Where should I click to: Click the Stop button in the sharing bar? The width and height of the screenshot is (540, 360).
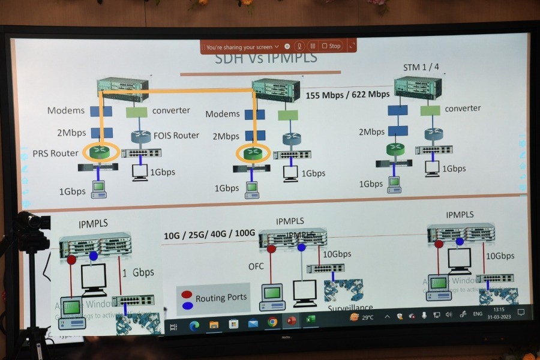point(331,46)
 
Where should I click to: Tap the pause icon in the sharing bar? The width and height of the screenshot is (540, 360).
point(312,46)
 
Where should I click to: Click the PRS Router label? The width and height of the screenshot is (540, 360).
point(55,154)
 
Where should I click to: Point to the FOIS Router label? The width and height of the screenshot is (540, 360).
point(176,136)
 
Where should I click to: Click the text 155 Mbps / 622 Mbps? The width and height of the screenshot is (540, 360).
point(347,94)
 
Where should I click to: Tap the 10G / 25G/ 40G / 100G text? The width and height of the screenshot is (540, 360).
point(209,234)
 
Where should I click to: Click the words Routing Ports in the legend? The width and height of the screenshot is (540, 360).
point(221,298)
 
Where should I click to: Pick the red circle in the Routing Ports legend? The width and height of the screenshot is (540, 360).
point(187,295)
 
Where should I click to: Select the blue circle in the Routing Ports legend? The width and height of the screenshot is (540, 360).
point(187,305)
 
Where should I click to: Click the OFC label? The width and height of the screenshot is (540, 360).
point(256,266)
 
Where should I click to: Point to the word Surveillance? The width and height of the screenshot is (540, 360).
point(350,308)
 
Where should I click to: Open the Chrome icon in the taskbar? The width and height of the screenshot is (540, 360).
point(272,322)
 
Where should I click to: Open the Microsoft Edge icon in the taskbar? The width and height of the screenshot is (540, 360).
point(194,326)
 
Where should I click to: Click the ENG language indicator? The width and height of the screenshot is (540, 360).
point(478,314)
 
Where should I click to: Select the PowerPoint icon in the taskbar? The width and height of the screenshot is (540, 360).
point(292,321)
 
